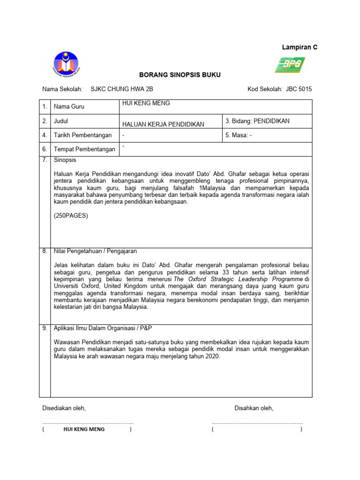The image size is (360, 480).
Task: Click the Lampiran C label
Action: (x=299, y=47)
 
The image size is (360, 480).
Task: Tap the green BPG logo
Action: (x=290, y=65)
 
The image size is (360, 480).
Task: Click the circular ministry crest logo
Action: (x=66, y=65)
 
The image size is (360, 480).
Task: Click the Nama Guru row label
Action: (x=69, y=107)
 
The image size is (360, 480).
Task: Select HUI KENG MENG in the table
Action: (x=146, y=103)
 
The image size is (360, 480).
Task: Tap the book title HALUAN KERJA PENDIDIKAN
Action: (x=163, y=124)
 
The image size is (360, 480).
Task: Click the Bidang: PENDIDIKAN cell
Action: (x=257, y=121)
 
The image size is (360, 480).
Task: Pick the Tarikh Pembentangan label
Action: (x=82, y=135)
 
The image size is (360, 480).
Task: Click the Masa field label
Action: (x=243, y=135)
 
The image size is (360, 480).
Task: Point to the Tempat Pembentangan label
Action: (x=84, y=150)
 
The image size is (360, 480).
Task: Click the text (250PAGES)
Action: (x=71, y=216)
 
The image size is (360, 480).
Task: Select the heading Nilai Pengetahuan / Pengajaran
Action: (x=99, y=251)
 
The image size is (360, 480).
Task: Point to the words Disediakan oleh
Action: (x=64, y=408)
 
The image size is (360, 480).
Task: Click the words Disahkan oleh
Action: (x=254, y=408)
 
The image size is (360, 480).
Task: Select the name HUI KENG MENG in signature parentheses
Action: (x=83, y=429)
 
